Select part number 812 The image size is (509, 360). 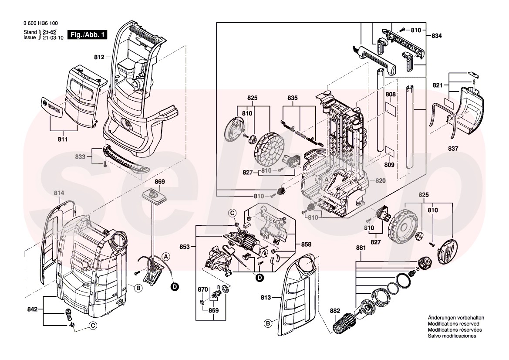coord(99,57)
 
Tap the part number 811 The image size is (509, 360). coord(62,139)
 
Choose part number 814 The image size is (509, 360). coord(59,193)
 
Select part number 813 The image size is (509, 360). coord(266,298)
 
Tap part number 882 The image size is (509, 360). coord(335,311)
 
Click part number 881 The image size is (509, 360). coord(361,248)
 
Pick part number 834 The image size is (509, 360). coord(436,36)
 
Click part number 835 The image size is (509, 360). coord(292,98)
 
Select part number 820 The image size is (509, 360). coord(381,180)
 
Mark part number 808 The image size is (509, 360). coord(390,94)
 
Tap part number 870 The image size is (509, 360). coord(203,289)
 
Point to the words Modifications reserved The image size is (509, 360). coord(453,324)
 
